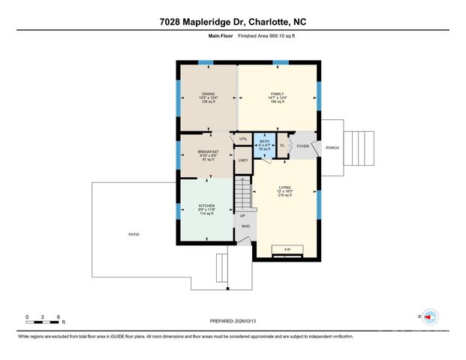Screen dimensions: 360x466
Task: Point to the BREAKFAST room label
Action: coord(208,151)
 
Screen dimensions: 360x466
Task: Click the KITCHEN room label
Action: coord(206,205)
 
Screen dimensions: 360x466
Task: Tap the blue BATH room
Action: coord(264,145)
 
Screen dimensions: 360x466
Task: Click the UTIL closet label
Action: coord(242,139)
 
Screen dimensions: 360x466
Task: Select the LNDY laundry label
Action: coord(242,160)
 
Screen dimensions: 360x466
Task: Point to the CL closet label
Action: coord(282,145)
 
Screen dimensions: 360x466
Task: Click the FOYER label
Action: coord(302,146)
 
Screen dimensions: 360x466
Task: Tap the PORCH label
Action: coord(332,148)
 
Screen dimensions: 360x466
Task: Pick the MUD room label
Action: coord(245,226)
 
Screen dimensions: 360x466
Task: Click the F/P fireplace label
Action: coord(286,249)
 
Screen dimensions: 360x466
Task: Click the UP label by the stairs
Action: coord(242,215)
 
